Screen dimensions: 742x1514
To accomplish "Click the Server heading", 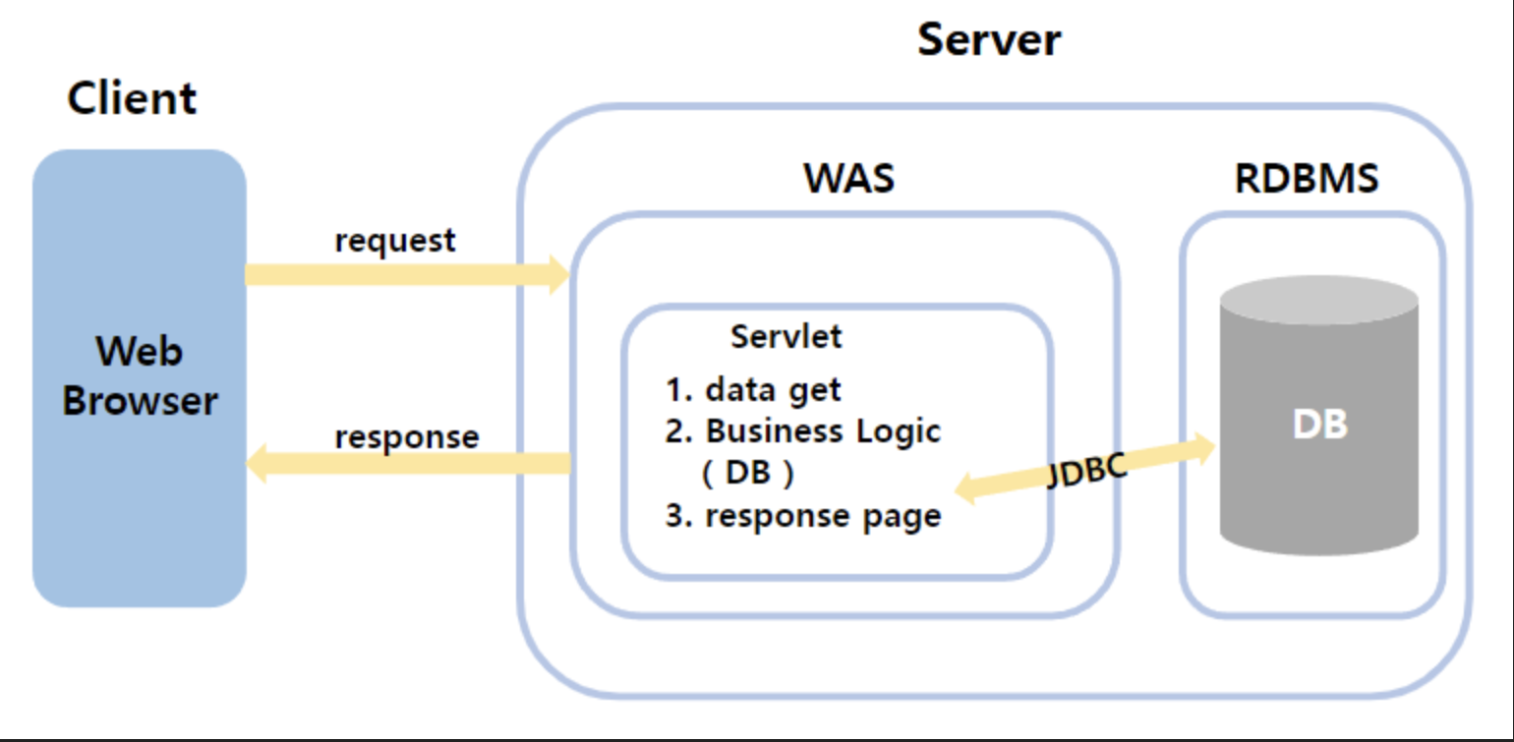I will pyautogui.click(x=989, y=41).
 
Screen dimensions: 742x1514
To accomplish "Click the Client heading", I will pyautogui.click(x=132, y=99).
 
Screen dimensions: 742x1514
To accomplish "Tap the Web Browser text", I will pyautogui.click(x=140, y=376).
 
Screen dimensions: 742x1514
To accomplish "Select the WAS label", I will pyautogui.click(x=849, y=179).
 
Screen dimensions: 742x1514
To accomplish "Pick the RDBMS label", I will pyautogui.click(x=1307, y=179).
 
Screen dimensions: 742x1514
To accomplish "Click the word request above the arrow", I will pyautogui.click(x=395, y=241).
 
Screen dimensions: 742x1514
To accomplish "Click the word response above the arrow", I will pyautogui.click(x=407, y=436).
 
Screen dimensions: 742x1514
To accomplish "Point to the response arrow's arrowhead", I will pyautogui.click(x=256, y=463).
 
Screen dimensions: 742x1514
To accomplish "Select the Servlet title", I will pyautogui.click(x=786, y=336).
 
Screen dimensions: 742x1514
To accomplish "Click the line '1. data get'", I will pyautogui.click(x=753, y=390).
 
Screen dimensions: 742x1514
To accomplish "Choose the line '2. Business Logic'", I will pyautogui.click(x=802, y=432).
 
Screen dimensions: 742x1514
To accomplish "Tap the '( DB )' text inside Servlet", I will pyautogui.click(x=747, y=474).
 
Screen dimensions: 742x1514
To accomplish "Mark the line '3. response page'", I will pyautogui.click(x=802, y=516).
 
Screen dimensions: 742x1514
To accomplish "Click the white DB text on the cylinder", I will pyautogui.click(x=1319, y=424).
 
